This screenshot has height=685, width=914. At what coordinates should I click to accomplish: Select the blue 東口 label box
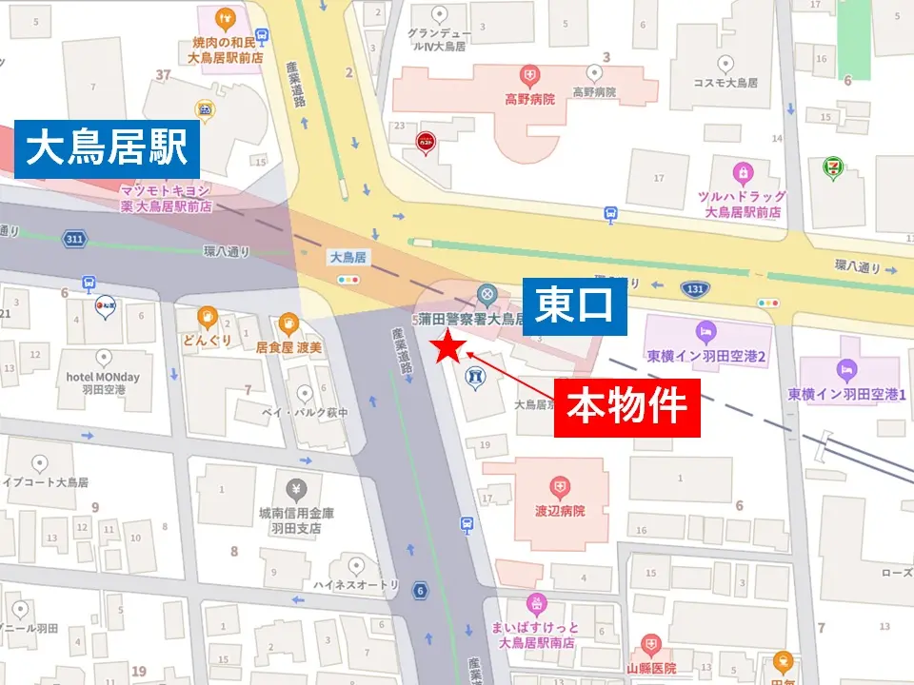575,307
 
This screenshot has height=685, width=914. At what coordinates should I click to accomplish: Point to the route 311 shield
75,238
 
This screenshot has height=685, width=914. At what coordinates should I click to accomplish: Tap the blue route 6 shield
420,591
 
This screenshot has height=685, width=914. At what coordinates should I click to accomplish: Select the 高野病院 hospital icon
528,74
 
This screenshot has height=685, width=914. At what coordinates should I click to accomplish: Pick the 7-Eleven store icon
831,167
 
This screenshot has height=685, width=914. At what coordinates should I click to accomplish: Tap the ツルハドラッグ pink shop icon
742,173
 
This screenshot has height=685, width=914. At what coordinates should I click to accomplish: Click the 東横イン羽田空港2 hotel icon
705,331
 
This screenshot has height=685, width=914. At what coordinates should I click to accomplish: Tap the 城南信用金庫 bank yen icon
296,490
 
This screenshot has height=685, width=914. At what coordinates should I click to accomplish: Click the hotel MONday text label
103,377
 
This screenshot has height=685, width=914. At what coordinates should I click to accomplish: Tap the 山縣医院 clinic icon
651,645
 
